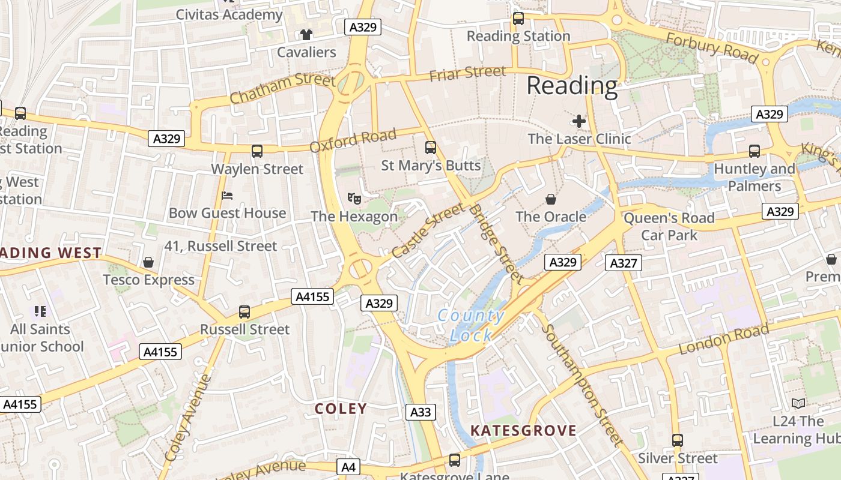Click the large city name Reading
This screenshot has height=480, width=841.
point(572,86)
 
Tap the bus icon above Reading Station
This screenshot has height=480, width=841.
point(518,19)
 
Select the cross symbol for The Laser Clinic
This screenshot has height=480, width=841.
point(579,122)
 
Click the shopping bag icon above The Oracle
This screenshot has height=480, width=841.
point(550,199)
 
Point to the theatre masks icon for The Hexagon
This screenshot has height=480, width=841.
point(354,197)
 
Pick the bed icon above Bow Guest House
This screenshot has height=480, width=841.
point(227,196)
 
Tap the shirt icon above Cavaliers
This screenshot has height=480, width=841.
point(306,35)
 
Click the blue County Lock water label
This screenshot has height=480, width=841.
point(471,325)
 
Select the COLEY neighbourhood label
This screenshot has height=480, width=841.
point(341,409)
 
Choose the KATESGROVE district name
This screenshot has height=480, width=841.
point(523,430)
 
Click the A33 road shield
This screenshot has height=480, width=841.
point(421,412)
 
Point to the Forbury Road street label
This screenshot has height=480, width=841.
point(712,47)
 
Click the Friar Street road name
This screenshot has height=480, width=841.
point(468,73)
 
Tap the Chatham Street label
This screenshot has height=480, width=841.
point(282,88)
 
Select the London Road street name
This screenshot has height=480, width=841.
point(724,339)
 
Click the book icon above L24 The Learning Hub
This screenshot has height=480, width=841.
point(798,404)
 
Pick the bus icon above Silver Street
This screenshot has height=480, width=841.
point(678,440)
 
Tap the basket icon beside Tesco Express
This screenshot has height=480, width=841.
point(148,262)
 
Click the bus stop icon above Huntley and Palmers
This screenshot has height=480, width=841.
point(754,151)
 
